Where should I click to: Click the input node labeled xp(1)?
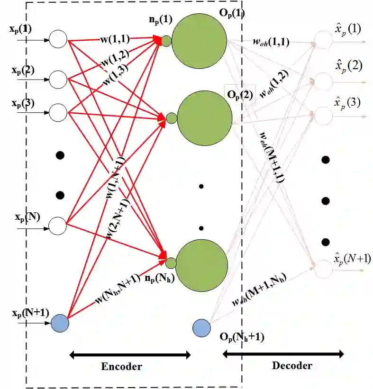(x=59, y=39)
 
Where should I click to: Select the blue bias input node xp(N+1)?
(x=60, y=323)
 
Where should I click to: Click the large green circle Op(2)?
(x=205, y=117)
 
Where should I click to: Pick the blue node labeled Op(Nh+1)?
(x=201, y=328)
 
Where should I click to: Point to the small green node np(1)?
(x=166, y=41)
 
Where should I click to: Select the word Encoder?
(x=121, y=366)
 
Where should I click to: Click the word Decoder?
(x=292, y=365)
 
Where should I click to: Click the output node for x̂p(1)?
(x=324, y=40)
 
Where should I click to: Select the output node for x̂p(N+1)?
(x=324, y=268)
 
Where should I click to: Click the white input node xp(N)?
(x=59, y=225)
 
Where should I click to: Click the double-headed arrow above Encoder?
(x=130, y=354)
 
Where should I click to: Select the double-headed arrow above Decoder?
(x=283, y=353)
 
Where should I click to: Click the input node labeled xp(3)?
(x=59, y=113)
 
